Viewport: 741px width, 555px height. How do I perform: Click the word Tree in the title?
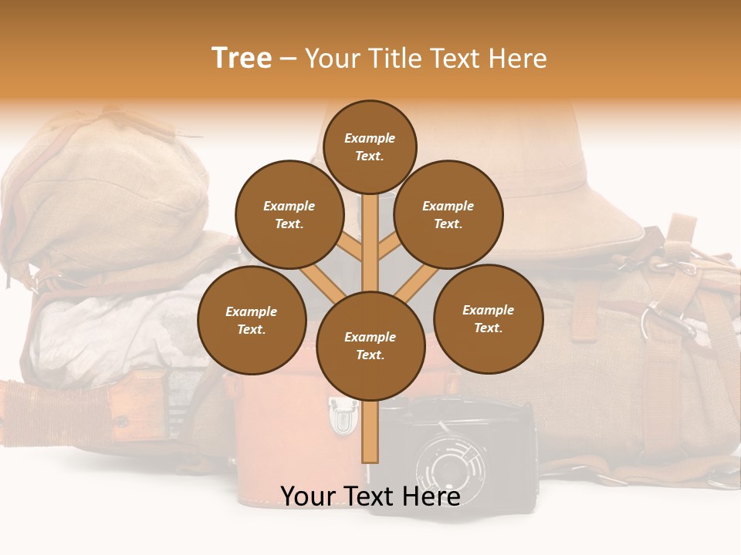point(242,58)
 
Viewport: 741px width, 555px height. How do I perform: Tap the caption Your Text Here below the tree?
point(370,496)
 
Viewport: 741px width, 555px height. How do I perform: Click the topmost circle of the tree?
point(370,146)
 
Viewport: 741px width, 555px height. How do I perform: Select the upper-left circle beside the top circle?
point(289,214)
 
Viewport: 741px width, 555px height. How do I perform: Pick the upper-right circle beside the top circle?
point(448,214)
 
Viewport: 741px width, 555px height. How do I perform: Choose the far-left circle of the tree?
point(252,320)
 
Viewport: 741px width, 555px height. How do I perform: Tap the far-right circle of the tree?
point(489,318)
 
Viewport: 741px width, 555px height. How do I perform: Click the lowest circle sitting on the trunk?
point(370,345)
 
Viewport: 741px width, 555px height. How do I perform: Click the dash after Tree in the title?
point(289,59)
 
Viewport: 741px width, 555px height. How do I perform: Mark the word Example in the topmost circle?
point(370,138)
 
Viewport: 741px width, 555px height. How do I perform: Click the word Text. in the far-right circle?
point(489,328)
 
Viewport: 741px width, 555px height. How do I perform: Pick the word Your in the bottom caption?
point(306,496)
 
